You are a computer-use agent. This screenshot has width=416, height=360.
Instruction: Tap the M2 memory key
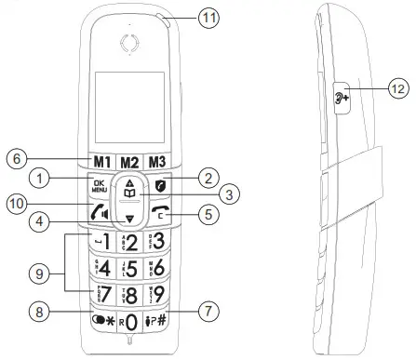pyautogui.click(x=129, y=159)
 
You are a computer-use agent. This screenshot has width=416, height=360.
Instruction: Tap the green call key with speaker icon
pyautogui.click(x=99, y=210)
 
